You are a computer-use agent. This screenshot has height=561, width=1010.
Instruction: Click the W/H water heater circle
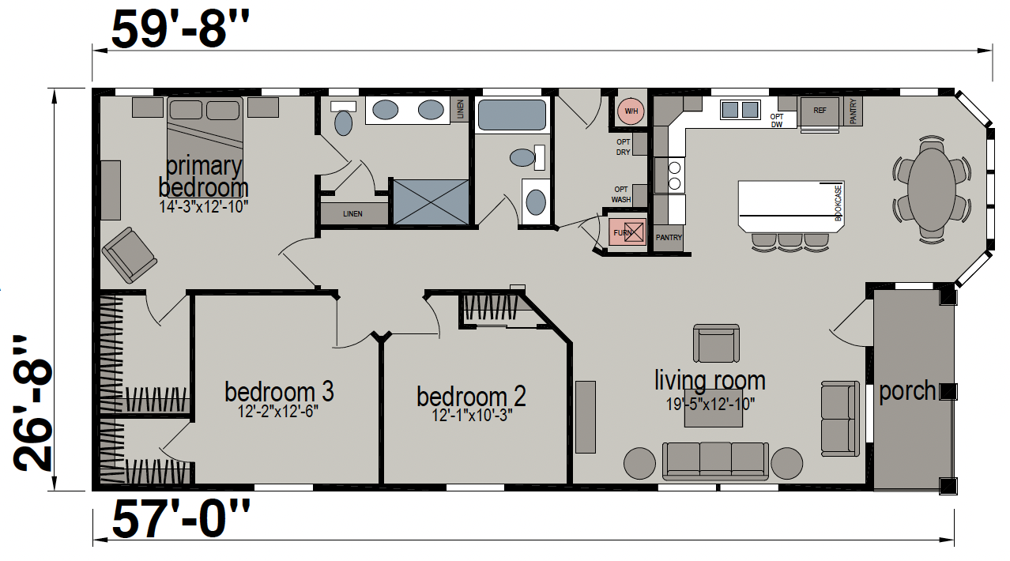coord(631,111)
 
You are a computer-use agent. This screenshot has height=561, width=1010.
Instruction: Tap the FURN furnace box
coord(627,232)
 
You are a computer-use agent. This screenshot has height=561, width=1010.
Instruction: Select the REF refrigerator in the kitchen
coord(820,111)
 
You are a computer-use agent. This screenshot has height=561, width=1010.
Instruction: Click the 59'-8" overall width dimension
coord(180,29)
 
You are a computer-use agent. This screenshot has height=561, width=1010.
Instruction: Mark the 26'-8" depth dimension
coord(32,403)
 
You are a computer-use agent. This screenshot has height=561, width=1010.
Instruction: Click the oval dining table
coord(931,190)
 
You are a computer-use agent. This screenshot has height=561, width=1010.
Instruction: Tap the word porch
coord(906,391)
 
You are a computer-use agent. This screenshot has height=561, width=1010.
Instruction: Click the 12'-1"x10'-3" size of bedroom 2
coord(472,415)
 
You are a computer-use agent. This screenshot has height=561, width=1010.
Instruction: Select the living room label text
coord(710,380)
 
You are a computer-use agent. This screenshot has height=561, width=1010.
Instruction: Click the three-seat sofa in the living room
coord(715,461)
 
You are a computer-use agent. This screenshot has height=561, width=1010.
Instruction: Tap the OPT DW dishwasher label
coord(776,120)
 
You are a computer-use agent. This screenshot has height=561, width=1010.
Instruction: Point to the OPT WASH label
coord(621,194)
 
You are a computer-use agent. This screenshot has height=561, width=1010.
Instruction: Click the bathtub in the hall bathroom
coord(512,115)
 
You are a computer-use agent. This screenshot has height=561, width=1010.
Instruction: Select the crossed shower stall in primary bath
coord(431,201)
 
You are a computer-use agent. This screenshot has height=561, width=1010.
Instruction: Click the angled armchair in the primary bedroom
coord(130,255)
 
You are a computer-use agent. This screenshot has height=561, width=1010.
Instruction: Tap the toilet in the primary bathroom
coord(343,119)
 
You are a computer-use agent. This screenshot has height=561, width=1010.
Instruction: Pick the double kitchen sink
coord(740,110)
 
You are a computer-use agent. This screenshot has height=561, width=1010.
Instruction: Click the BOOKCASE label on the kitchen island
coord(838,203)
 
